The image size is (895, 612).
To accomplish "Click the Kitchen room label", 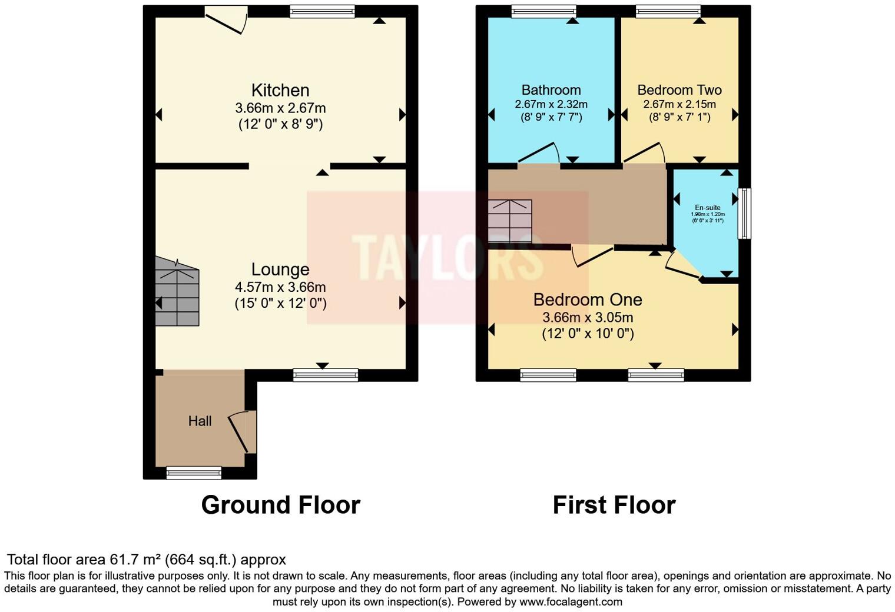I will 280,90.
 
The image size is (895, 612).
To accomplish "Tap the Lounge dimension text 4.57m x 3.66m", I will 280,287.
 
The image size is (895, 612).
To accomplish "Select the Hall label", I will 200,421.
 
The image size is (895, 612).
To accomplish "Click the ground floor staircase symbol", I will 177,292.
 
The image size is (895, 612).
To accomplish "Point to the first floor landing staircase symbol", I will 510,221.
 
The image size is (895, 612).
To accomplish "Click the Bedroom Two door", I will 644,153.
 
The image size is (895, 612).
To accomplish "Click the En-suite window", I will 744,213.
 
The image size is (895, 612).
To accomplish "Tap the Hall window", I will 194,473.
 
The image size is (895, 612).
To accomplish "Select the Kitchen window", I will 322,11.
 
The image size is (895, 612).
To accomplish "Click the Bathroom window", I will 543,11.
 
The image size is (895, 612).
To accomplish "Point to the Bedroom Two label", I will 679,90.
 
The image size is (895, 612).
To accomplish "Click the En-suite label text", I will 707,208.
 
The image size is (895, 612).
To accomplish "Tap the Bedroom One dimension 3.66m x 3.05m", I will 588,318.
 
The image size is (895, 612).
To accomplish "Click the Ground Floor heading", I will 280,505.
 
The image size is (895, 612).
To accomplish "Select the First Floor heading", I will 614,505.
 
